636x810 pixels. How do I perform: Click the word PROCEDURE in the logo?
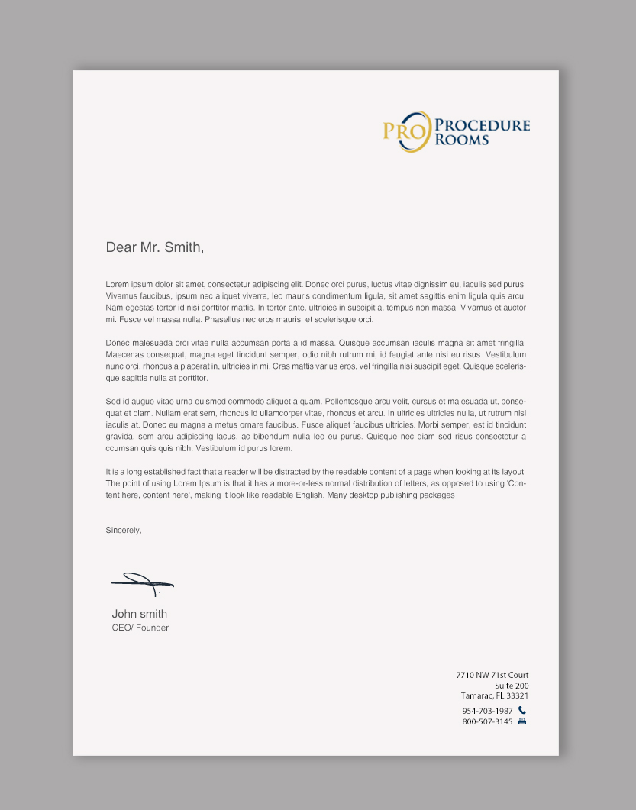(482, 125)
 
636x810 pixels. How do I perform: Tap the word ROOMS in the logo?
(461, 139)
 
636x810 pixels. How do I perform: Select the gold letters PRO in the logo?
(402, 131)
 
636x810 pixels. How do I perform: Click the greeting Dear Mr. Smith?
(155, 247)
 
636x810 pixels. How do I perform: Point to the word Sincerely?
(124, 530)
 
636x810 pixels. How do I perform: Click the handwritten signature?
(142, 583)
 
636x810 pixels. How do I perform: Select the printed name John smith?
(139, 614)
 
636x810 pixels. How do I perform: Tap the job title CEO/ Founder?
(140, 628)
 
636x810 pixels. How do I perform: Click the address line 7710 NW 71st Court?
(492, 675)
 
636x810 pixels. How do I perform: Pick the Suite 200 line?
(511, 686)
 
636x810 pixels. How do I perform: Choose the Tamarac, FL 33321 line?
(494, 695)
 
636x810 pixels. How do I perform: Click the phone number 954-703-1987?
(487, 711)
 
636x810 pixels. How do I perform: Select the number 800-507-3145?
(487, 721)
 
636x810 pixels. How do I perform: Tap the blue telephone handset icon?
(522, 710)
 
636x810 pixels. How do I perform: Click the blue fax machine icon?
(522, 721)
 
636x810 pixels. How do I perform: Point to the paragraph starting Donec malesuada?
(315, 360)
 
